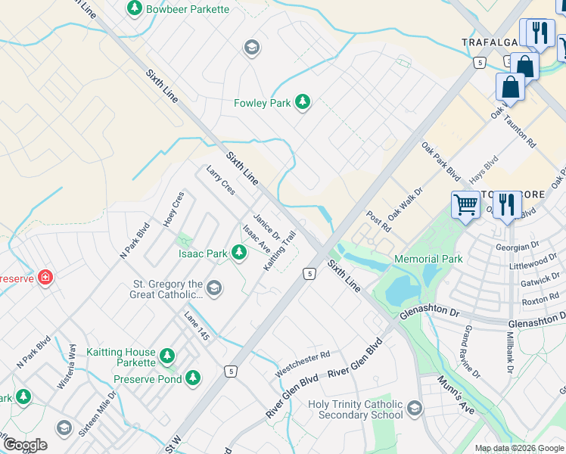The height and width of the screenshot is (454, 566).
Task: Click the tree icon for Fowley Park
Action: [x=303, y=102]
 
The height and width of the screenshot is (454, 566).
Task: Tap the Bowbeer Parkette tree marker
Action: [x=135, y=9]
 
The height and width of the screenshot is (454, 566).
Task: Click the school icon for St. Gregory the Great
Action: [x=215, y=288]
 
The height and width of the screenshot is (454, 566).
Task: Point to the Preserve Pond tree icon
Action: [x=193, y=377]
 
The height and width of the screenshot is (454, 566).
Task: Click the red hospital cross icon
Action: [x=46, y=277]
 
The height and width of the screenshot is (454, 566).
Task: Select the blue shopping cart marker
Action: [x=465, y=203]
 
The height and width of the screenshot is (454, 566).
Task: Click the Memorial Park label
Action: [x=428, y=259]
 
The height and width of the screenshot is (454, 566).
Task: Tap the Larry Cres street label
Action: [x=220, y=180]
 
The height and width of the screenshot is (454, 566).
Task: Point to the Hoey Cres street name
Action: [x=174, y=209]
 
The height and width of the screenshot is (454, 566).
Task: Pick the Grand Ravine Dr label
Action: [x=470, y=352]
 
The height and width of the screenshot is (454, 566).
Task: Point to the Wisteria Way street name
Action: [x=73, y=360]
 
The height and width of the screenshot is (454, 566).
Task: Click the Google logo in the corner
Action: [x=25, y=445]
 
